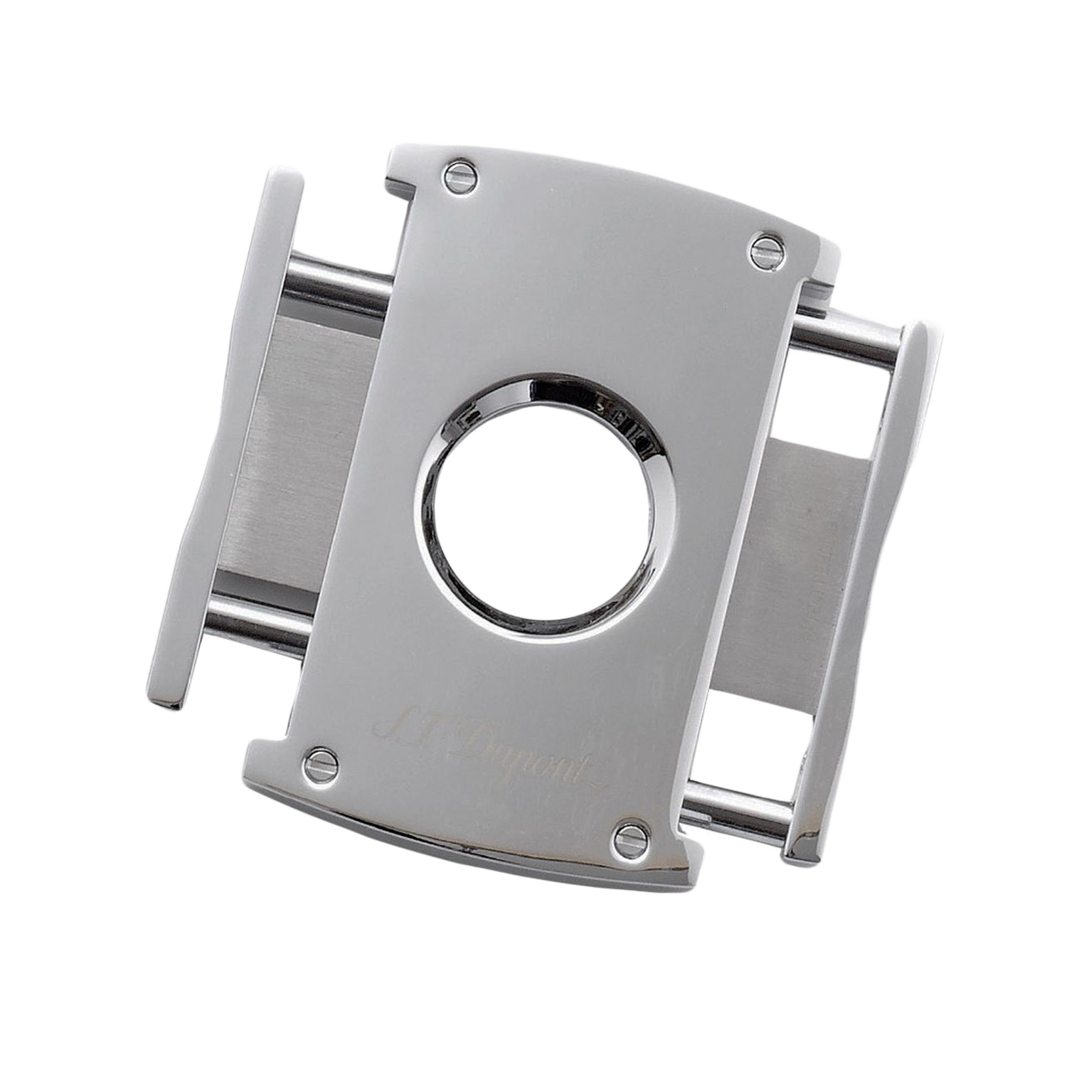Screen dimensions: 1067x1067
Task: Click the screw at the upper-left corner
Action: pos(460,175)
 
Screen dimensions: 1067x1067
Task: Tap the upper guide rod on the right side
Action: pos(846,342)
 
